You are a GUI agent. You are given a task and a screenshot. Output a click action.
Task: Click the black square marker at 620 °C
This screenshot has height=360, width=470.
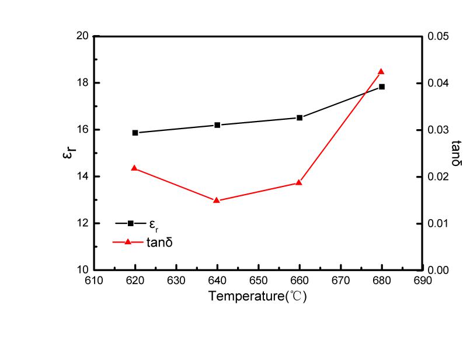(135, 133)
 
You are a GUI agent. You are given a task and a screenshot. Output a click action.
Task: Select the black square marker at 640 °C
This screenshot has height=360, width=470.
(217, 125)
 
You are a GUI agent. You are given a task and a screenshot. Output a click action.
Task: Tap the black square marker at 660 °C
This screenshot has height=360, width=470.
(300, 117)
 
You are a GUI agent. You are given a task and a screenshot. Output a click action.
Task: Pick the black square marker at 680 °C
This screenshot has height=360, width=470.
(382, 86)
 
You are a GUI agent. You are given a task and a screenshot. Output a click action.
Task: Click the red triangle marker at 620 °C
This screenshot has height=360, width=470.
(135, 168)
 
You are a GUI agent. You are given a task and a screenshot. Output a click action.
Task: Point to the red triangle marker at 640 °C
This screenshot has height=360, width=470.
(217, 200)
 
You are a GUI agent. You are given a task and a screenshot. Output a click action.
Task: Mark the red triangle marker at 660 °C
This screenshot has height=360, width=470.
(299, 183)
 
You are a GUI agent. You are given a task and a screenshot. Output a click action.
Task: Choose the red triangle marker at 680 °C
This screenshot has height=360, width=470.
(381, 71)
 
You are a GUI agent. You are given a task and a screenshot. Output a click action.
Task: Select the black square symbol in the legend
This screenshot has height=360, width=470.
(130, 223)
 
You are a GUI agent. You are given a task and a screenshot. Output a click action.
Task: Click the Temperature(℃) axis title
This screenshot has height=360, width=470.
(257, 296)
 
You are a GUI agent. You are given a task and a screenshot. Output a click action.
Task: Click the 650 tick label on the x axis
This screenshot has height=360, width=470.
(258, 281)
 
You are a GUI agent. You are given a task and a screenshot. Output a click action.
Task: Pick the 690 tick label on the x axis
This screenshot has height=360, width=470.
(422, 281)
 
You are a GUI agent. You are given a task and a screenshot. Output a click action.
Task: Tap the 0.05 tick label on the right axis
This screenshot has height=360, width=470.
(438, 36)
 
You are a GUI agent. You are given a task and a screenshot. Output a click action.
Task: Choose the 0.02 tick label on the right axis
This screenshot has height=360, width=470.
(438, 176)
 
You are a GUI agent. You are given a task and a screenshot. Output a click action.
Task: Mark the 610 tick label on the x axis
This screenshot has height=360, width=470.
(94, 281)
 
